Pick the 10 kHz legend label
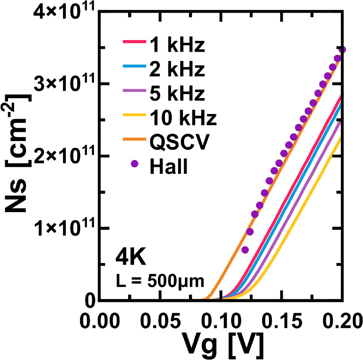click(183, 118)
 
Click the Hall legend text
click(168, 166)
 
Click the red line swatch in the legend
click(133, 41)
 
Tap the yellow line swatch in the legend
click(133, 114)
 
